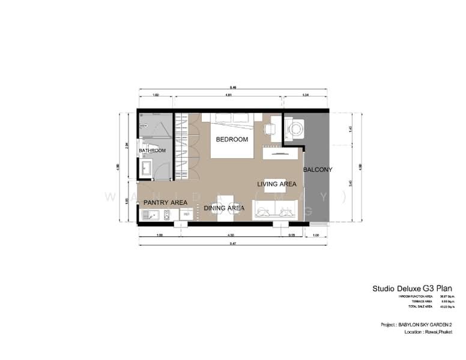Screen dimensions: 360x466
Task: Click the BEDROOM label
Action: coord(232,139)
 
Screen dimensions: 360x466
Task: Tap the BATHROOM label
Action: coord(152,151)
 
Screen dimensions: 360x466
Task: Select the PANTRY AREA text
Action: coord(165,202)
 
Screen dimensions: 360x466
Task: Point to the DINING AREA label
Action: coord(224,208)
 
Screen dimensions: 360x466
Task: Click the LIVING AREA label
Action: coord(277,184)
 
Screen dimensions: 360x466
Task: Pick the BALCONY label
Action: coord(317,170)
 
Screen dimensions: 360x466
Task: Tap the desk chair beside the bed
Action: coord(270,128)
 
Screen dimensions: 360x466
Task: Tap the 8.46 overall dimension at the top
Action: coord(233,87)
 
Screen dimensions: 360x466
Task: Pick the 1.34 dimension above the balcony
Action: coord(305,95)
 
